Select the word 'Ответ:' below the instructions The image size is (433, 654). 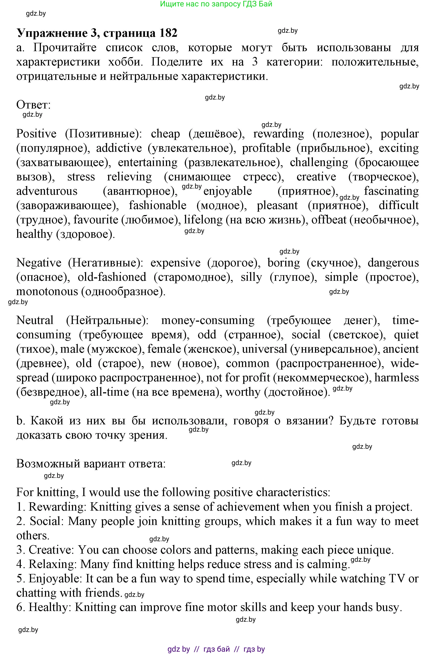(33, 105)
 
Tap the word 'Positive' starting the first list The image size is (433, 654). (36, 134)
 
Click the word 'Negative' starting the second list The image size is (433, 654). (39, 263)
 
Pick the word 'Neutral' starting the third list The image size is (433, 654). (35, 320)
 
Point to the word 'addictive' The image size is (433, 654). (119, 148)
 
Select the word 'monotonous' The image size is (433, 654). (47, 291)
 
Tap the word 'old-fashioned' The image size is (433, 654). (112, 277)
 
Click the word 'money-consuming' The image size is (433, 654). (208, 320)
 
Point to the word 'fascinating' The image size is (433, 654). (391, 191)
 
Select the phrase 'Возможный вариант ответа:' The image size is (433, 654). (91, 464)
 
